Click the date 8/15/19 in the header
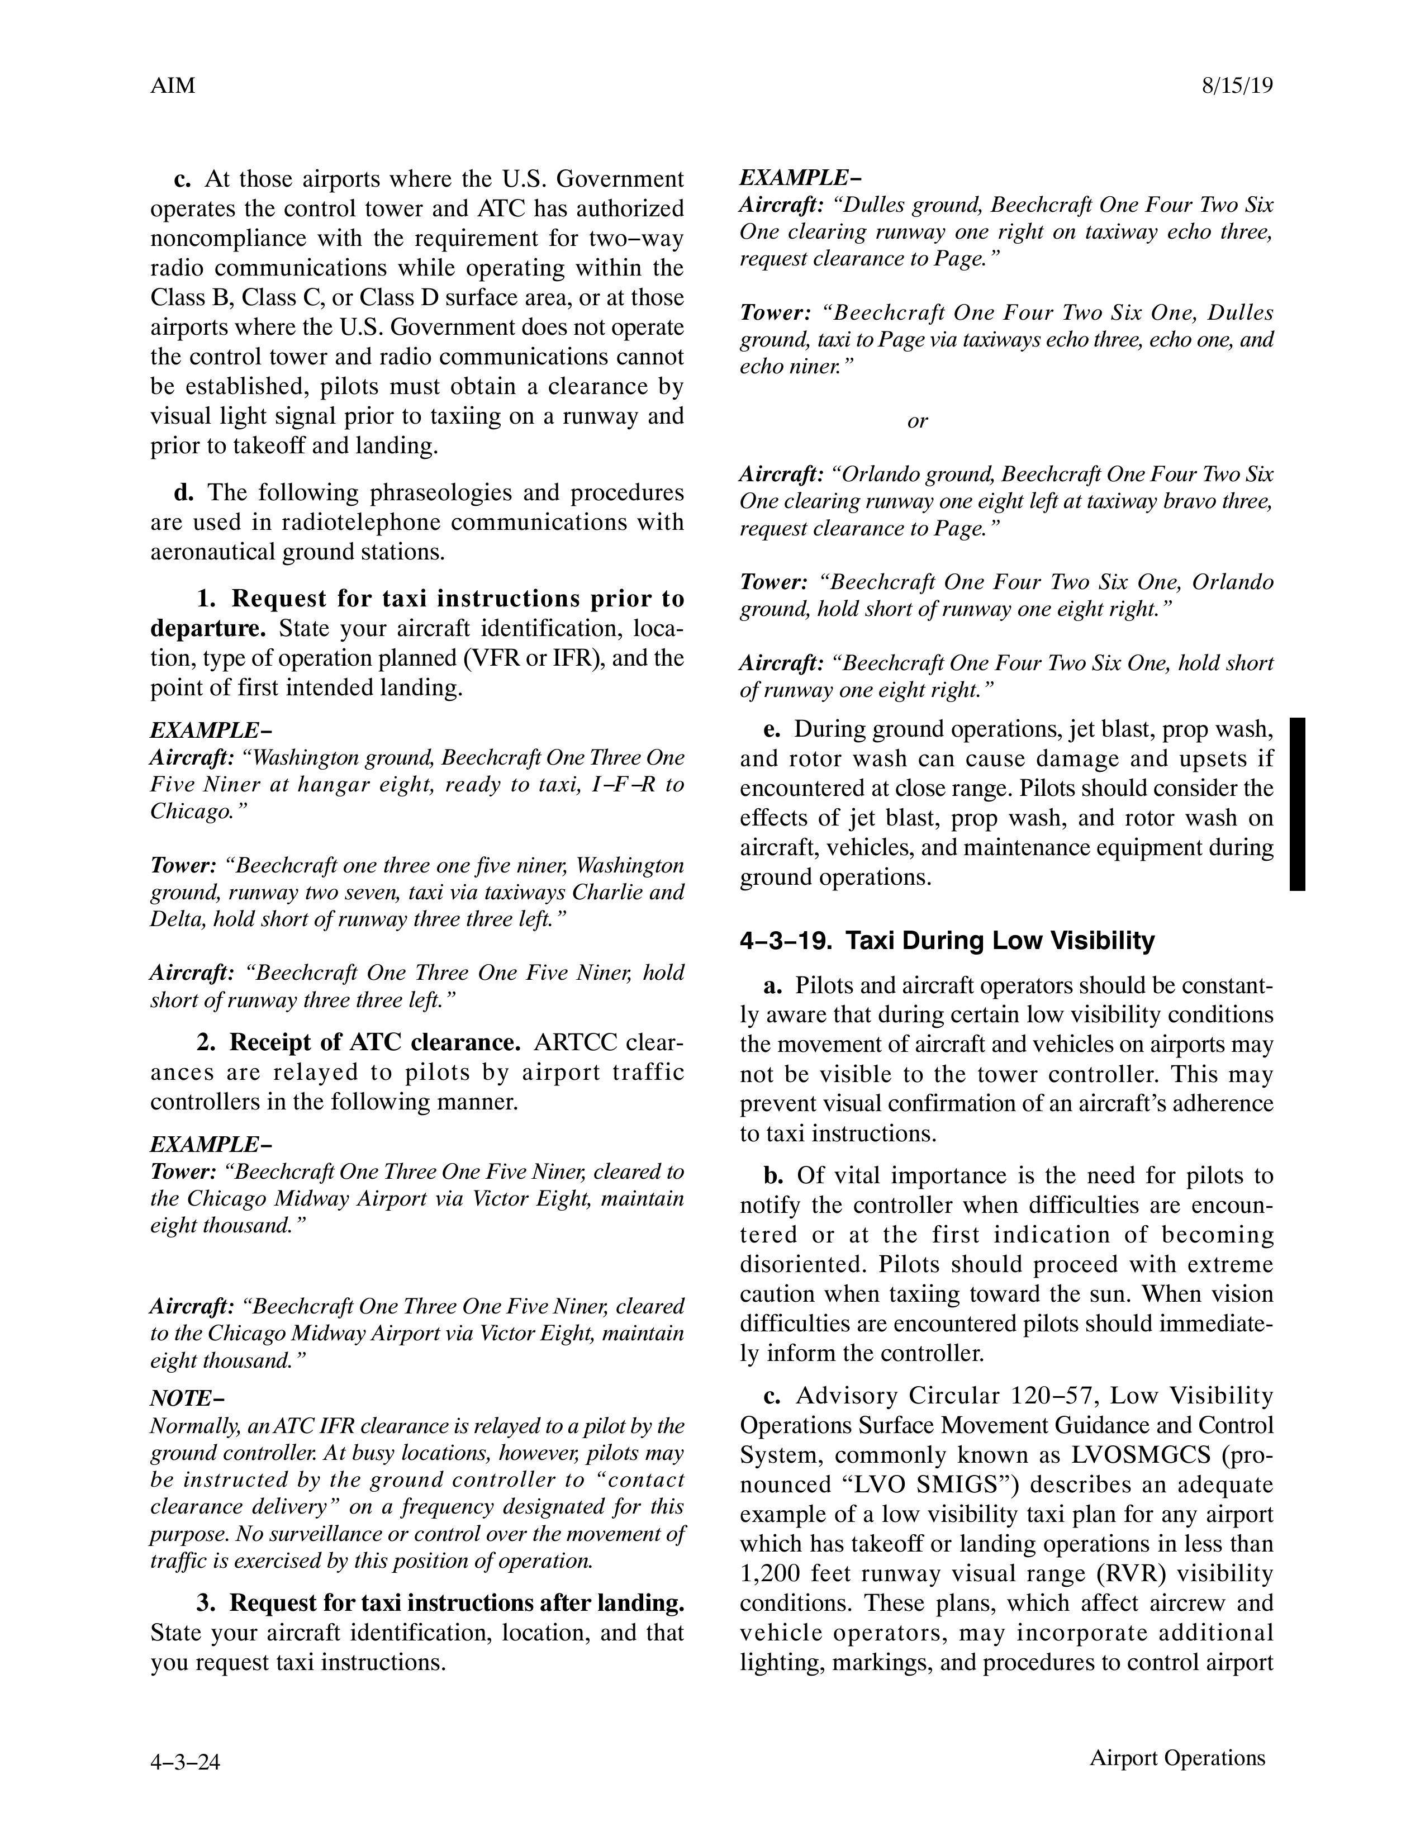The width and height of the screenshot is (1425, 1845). (1236, 86)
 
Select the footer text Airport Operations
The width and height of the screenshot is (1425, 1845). (1177, 1758)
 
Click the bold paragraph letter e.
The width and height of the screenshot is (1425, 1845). (771, 728)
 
